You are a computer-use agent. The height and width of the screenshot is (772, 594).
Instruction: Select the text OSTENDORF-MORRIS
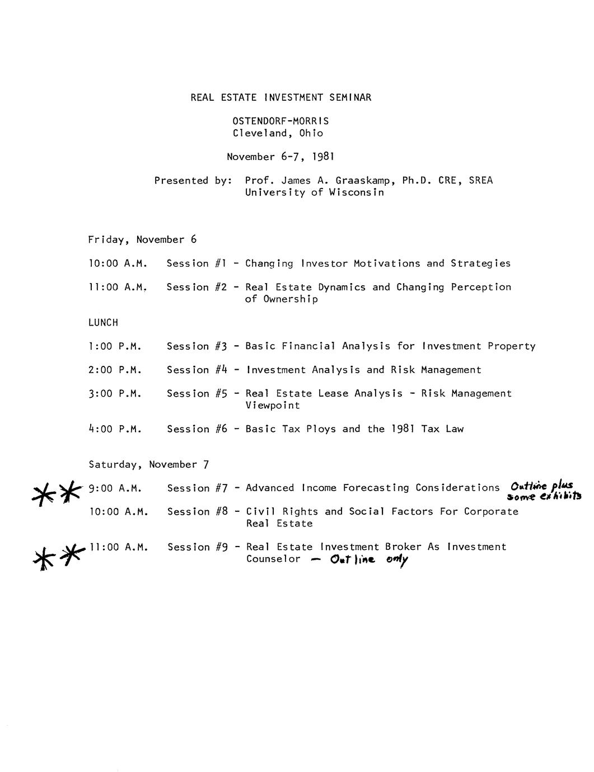click(x=280, y=121)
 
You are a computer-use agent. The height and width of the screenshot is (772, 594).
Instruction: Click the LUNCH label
click(x=103, y=322)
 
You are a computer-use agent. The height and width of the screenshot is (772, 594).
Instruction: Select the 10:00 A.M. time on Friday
click(x=118, y=263)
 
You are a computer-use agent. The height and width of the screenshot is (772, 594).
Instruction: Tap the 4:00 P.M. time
click(x=115, y=429)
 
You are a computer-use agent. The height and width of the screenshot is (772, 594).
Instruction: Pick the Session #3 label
click(x=197, y=346)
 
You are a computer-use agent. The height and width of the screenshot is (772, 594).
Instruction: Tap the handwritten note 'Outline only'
click(x=369, y=559)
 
